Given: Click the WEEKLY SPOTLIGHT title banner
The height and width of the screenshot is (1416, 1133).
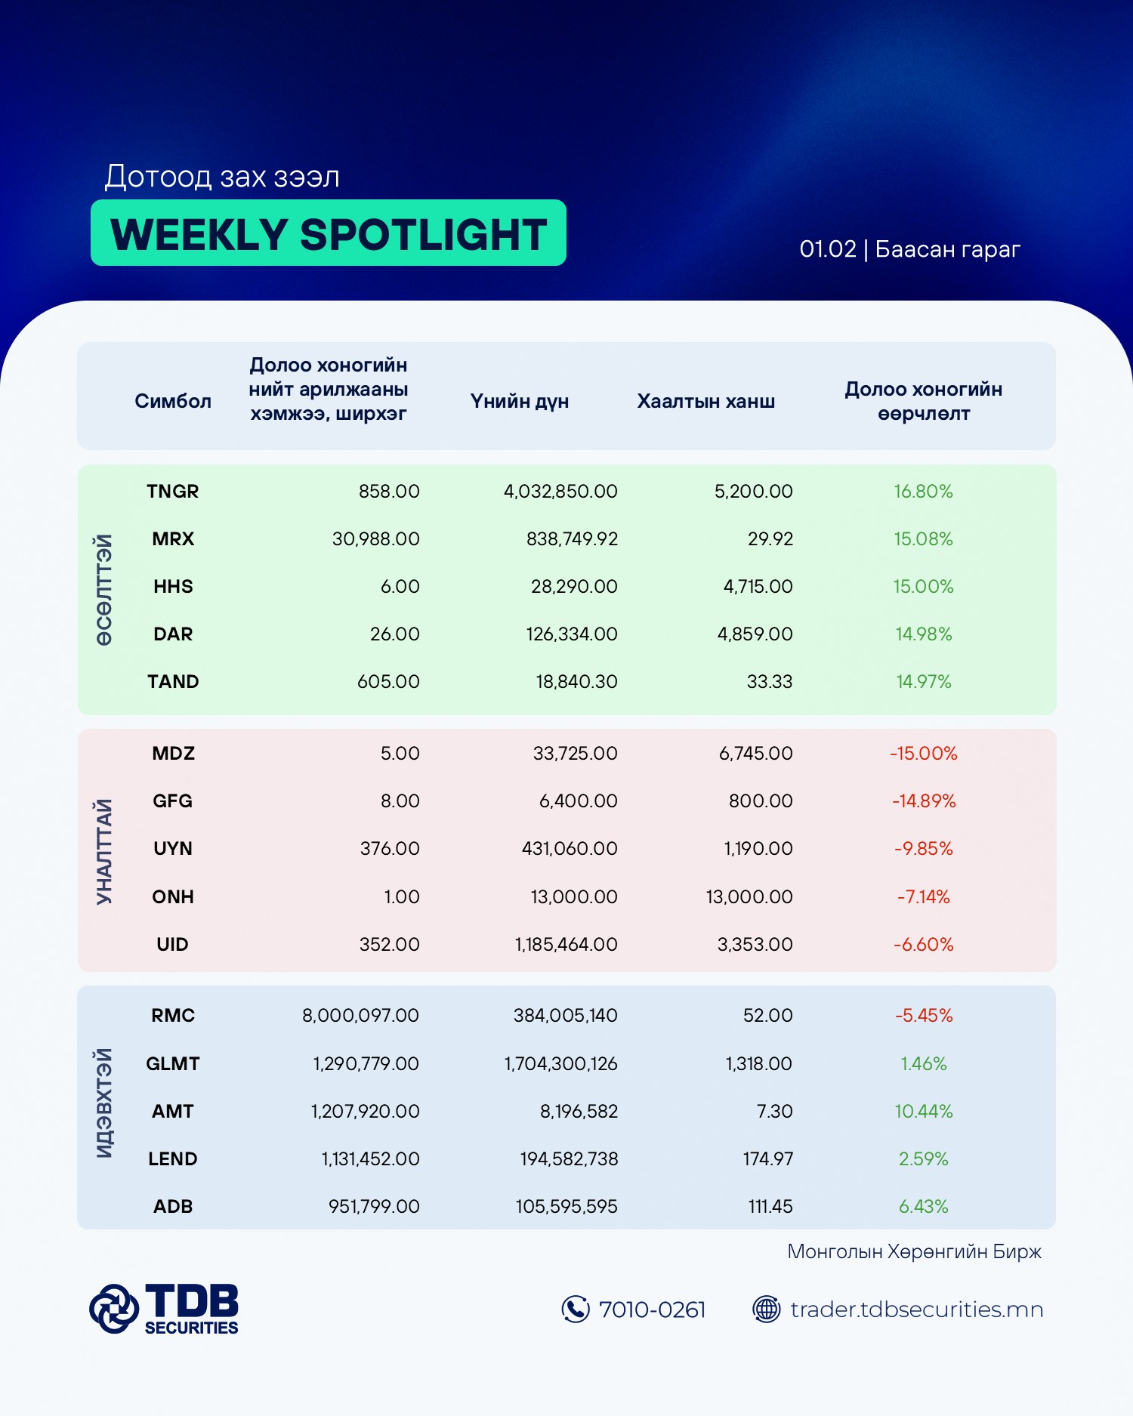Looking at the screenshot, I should (x=329, y=233).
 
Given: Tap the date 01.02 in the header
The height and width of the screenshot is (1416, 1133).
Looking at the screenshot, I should (x=828, y=249).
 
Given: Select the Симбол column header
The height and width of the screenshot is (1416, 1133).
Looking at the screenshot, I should (x=173, y=401).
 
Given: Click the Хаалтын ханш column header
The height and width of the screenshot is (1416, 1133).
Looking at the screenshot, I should (x=705, y=401).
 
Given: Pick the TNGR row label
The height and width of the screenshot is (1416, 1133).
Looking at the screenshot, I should (x=173, y=492).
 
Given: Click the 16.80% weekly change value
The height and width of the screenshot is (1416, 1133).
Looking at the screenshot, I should (x=923, y=492).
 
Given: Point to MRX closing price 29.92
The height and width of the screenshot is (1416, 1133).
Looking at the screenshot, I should (x=770, y=539).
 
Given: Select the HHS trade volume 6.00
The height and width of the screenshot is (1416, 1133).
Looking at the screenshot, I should (x=400, y=587).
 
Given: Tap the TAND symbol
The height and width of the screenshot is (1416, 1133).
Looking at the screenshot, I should (x=173, y=682).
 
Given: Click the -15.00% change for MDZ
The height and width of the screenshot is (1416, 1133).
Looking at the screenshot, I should (x=923, y=754).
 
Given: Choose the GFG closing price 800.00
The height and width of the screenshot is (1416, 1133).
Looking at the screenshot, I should (x=760, y=801).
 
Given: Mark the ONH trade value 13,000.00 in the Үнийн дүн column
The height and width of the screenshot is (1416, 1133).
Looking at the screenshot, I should (x=574, y=897).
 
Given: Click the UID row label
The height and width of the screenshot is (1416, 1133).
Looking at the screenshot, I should (x=173, y=945).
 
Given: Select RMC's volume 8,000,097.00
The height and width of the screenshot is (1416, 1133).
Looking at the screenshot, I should (x=360, y=1016).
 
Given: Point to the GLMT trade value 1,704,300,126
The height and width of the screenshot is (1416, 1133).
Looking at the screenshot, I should (x=560, y=1064).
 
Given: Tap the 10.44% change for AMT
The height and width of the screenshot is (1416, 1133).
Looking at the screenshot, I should (x=923, y=1112).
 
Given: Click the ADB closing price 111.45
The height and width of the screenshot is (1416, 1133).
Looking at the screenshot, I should (x=770, y=1207).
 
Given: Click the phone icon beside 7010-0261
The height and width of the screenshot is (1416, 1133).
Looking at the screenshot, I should (x=576, y=1310).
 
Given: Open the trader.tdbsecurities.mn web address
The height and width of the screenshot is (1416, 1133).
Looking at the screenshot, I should (x=916, y=1310).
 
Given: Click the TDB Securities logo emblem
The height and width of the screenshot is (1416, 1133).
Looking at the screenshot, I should (x=114, y=1308).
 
